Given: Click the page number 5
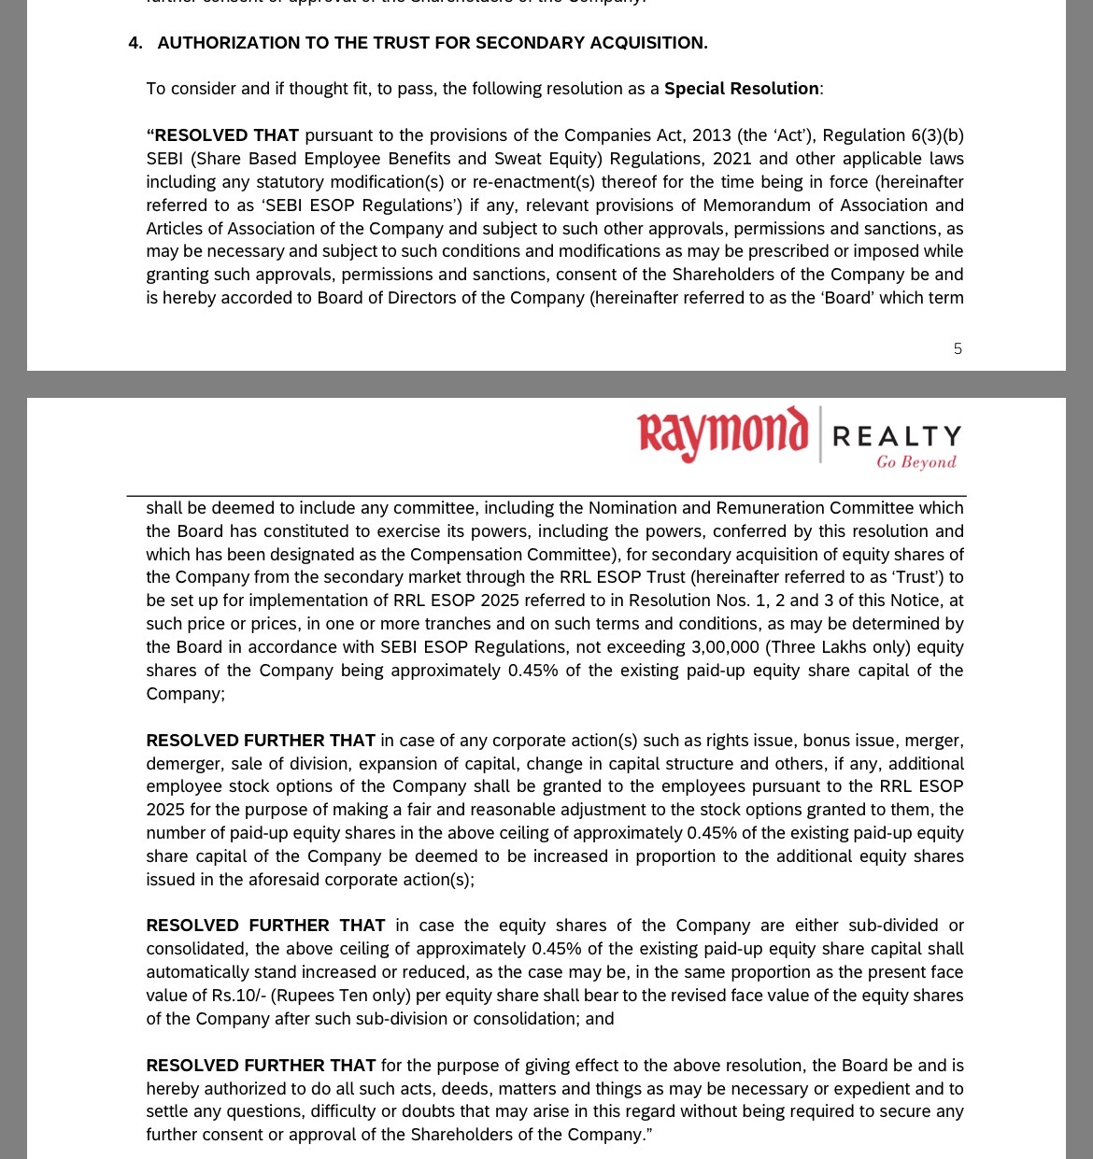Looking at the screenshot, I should coord(958,349).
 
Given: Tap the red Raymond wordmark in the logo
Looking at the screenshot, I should coord(722,434).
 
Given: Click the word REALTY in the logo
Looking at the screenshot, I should coord(896,436).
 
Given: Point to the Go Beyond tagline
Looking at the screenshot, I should coord(916,462).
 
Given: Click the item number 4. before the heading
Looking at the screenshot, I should coord(135,43).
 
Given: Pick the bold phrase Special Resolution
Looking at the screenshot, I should coord(741,89).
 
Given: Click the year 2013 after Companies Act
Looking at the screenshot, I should coord(711,135).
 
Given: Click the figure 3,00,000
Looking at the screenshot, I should coord(725,647).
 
